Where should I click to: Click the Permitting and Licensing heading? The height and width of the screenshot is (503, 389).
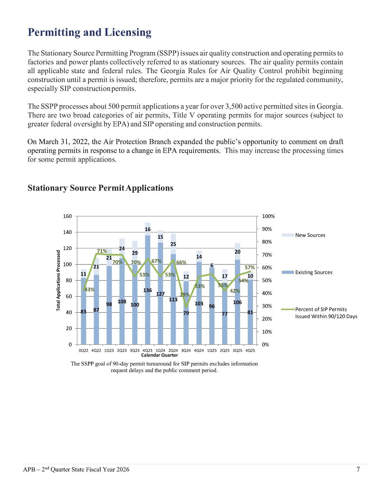tap(89, 32)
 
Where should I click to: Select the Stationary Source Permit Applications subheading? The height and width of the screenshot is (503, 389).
tap(100, 188)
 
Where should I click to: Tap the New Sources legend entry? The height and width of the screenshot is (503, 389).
tap(310, 235)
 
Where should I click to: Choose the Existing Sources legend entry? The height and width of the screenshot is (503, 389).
tap(314, 272)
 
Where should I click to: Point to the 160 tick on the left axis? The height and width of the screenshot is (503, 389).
tap(67, 216)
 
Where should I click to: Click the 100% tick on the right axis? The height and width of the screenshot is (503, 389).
tap(268, 216)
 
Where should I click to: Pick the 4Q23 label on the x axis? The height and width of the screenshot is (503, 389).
tap(147, 351)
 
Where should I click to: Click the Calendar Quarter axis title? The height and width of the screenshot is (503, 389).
tap(160, 355)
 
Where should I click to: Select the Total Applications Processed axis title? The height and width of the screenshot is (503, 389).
tap(58, 280)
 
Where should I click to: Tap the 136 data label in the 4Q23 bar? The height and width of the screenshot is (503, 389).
tap(147, 290)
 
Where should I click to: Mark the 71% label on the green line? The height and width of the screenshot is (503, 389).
tap(102, 251)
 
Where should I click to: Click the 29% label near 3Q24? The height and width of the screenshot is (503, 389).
tap(185, 295)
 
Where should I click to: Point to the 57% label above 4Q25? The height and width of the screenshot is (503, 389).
tap(250, 267)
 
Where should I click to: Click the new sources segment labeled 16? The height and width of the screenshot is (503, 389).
tap(148, 229)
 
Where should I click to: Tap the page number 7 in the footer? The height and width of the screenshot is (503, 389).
tap(358, 469)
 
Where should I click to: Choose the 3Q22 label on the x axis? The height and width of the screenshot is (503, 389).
tap(83, 351)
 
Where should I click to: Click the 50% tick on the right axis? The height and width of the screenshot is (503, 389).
tap(267, 280)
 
